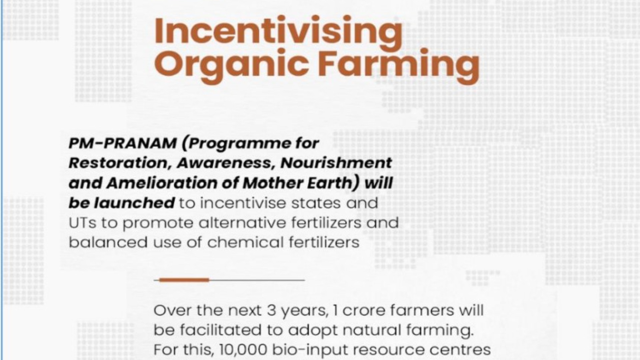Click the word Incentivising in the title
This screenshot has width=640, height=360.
(278, 33)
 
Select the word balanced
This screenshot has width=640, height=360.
(108, 242)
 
